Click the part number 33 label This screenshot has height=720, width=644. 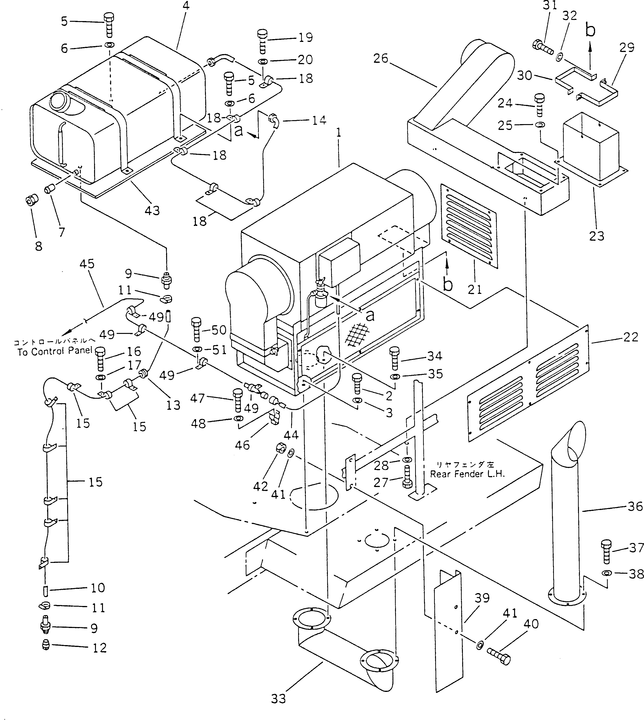tap(278, 698)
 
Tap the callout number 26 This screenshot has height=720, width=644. tap(381, 58)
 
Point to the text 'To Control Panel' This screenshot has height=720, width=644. tap(55, 351)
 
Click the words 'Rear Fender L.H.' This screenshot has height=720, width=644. tap(467, 474)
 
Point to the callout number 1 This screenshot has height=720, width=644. tap(339, 133)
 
